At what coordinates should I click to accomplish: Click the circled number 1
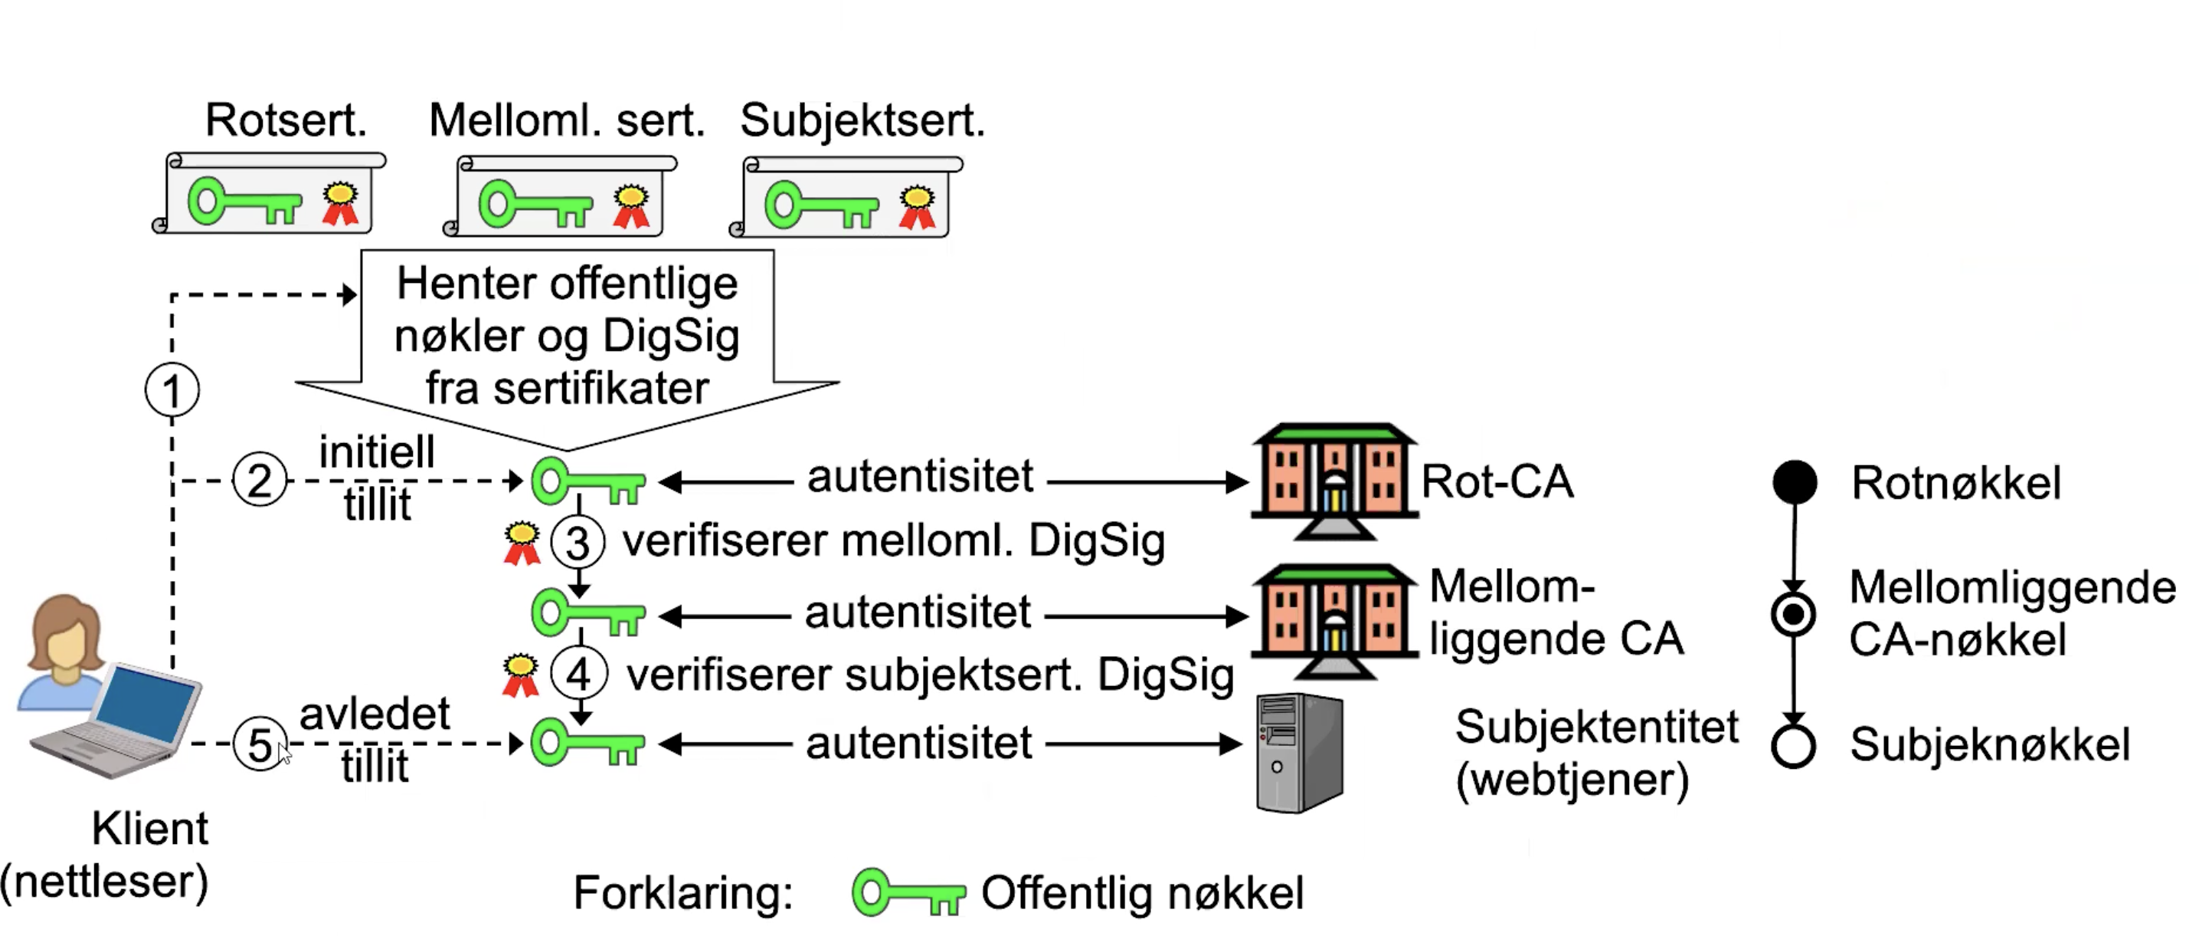tap(172, 390)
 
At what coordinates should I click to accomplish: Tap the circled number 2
tap(260, 480)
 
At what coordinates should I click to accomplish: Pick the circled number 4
tap(579, 675)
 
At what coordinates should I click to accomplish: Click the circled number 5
tap(260, 744)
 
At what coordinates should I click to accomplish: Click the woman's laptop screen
tap(145, 704)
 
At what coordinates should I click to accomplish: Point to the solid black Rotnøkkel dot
tap(1795, 481)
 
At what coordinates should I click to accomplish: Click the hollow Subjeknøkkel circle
tap(1792, 746)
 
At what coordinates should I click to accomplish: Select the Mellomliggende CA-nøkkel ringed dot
tap(1794, 614)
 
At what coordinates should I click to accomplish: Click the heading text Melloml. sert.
tap(567, 120)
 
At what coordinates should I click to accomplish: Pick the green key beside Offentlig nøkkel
tap(908, 893)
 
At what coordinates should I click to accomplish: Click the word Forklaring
tap(683, 893)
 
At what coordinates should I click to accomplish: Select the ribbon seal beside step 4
tap(520, 675)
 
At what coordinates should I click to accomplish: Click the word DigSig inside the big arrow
tap(671, 336)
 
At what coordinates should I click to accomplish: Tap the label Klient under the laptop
tap(149, 828)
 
